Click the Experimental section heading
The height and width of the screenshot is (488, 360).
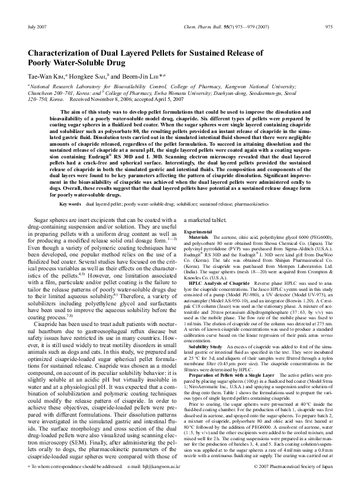tap(198, 232)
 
